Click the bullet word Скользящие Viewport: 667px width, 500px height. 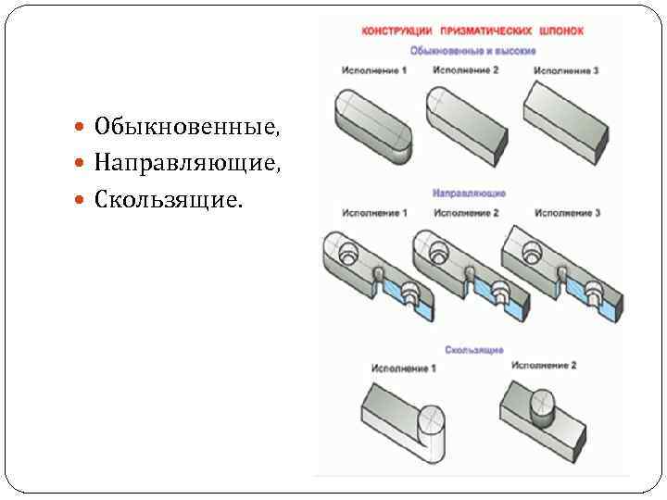(x=167, y=200)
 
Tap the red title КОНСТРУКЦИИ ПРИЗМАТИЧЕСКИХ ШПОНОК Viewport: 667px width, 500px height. (x=472, y=31)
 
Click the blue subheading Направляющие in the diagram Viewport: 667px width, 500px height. (x=468, y=194)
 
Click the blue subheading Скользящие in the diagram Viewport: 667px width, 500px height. (x=473, y=350)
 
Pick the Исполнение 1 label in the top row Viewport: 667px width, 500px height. (x=373, y=70)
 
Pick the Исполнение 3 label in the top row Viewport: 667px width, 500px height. (x=567, y=70)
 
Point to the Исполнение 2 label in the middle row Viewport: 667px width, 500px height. (x=466, y=213)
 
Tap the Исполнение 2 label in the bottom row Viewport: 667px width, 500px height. (x=544, y=366)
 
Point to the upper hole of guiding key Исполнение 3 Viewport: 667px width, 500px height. (x=533, y=250)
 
